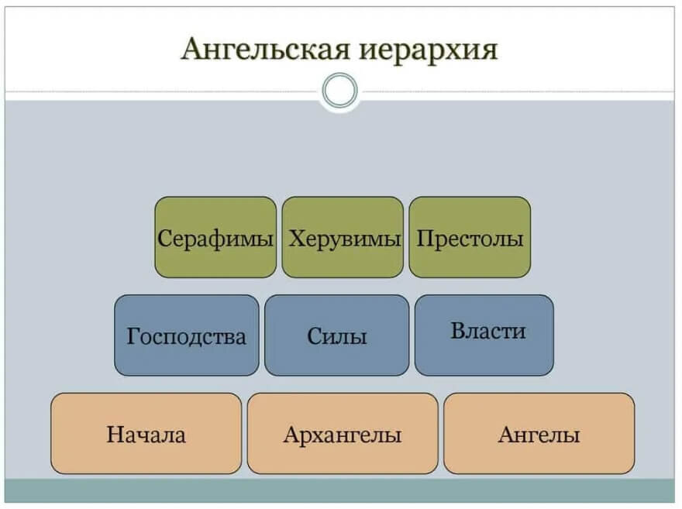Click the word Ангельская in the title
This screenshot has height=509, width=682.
click(x=267, y=50)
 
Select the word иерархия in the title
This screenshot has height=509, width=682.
click(x=429, y=50)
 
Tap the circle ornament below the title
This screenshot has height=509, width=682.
click(x=339, y=91)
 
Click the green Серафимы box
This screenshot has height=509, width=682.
click(x=215, y=237)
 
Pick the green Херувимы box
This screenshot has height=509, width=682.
click(x=343, y=237)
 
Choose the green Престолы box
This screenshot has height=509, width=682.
click(x=470, y=237)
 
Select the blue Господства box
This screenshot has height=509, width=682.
click(x=187, y=335)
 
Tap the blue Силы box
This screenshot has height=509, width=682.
click(x=336, y=335)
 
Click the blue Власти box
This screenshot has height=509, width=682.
click(x=484, y=335)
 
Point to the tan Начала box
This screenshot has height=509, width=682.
click(x=146, y=433)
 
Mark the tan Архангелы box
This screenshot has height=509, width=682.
click(x=343, y=433)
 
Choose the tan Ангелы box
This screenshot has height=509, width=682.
click(x=539, y=433)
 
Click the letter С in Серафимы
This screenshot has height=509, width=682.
click(x=164, y=238)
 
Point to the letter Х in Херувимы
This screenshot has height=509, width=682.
click(x=295, y=238)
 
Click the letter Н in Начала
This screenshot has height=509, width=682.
click(x=114, y=435)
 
